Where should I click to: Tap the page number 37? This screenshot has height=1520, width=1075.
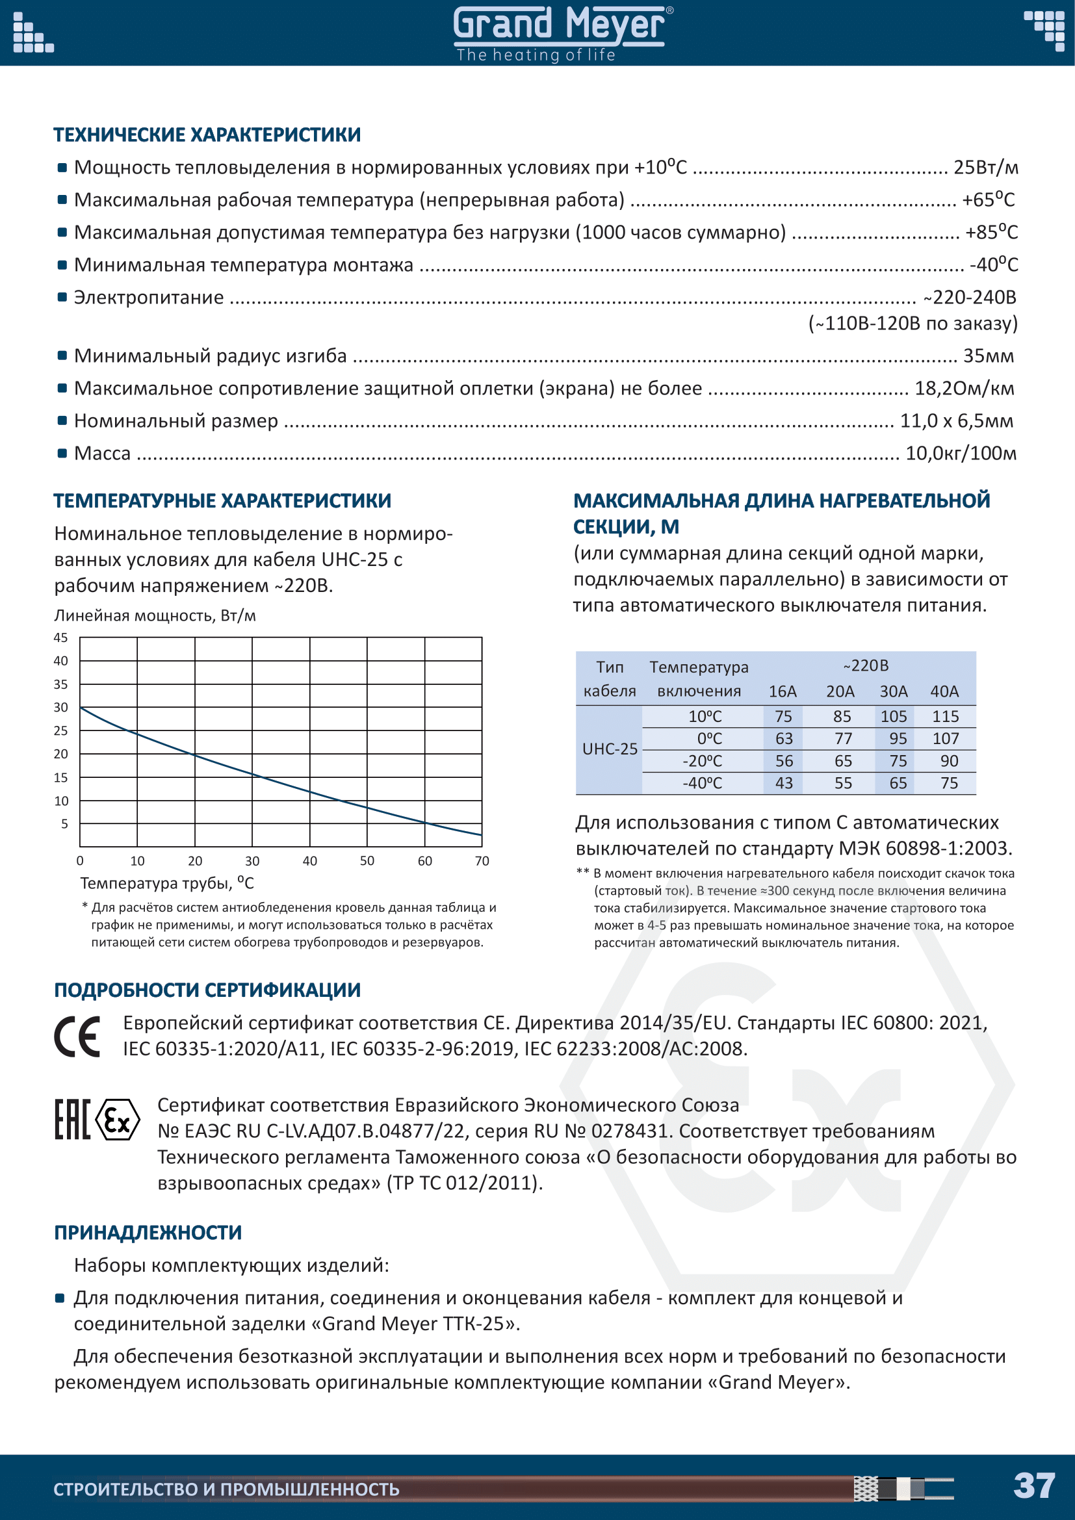(1034, 1486)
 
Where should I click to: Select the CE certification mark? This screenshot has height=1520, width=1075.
(77, 1037)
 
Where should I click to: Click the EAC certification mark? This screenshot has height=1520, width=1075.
(71, 1120)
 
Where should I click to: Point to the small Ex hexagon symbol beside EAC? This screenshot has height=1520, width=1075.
(118, 1120)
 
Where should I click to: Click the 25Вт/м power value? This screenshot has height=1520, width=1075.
(985, 168)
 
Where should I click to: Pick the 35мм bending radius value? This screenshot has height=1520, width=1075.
(988, 356)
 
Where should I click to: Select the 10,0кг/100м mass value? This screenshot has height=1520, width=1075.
(961, 454)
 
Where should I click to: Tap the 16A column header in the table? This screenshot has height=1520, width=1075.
(783, 692)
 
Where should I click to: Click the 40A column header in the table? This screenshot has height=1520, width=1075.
(944, 692)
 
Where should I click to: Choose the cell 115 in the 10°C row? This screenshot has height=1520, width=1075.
(945, 716)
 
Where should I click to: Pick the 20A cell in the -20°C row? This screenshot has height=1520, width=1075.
(843, 762)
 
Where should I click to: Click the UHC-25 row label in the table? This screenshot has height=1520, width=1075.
(610, 749)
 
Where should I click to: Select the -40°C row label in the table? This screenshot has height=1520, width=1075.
(703, 784)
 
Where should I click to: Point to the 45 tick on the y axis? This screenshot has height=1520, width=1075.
(61, 638)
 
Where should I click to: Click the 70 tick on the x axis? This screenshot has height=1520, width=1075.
(482, 861)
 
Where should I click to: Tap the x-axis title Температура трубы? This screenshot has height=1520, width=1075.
(167, 883)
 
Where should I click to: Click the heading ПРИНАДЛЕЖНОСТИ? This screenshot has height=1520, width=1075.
(148, 1233)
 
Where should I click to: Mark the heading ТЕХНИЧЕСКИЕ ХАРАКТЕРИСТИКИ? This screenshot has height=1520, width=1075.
(207, 135)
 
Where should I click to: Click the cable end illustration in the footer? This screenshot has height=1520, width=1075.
(903, 1488)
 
